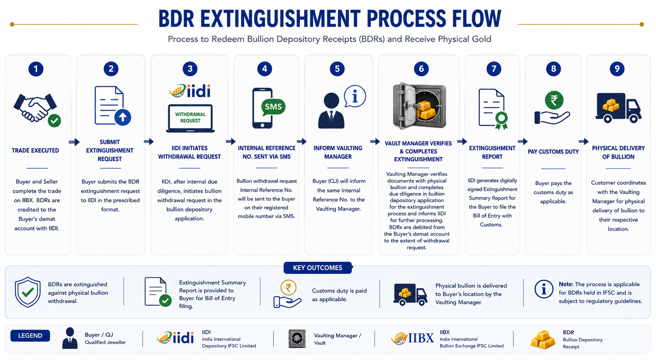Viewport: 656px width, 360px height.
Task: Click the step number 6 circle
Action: click(421, 69)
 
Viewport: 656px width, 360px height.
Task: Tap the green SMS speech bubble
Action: click(273, 107)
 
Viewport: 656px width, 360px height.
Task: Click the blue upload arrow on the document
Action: click(123, 117)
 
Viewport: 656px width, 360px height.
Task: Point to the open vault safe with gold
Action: click(419, 106)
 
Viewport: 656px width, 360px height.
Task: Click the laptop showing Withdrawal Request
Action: click(190, 119)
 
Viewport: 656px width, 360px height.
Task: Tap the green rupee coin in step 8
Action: click(554, 100)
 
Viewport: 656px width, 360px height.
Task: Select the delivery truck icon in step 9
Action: click(618, 107)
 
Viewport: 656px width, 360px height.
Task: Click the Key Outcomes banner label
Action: click(318, 268)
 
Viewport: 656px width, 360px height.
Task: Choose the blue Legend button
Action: click(30, 336)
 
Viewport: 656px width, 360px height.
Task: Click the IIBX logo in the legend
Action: click(412, 338)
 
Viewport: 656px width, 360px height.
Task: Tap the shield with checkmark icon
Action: click(28, 292)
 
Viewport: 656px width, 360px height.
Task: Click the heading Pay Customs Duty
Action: click(553, 152)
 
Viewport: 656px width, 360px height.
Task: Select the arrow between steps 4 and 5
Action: click(301, 142)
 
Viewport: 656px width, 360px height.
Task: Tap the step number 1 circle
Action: click(36, 69)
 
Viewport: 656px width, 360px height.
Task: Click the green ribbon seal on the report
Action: click(501, 121)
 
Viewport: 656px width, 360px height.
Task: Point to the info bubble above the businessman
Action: click(355, 96)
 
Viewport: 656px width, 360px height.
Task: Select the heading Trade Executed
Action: click(35, 151)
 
